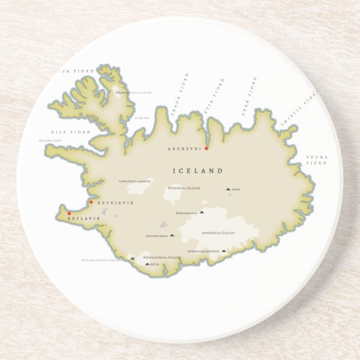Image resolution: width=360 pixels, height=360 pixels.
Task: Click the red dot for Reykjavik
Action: click(x=91, y=202)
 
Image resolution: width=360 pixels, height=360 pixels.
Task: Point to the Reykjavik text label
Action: click(x=115, y=203)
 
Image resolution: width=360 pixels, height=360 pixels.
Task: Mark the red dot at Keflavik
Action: click(x=69, y=213)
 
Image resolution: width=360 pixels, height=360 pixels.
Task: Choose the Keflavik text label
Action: click(x=84, y=219)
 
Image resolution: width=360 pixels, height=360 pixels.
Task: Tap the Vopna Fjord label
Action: click(x=316, y=160)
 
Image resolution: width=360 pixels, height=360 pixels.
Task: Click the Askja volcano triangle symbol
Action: click(x=228, y=190)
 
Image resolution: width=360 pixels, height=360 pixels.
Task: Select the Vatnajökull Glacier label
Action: click(x=219, y=232)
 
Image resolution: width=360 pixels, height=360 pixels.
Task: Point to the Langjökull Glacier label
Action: click(x=133, y=181)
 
